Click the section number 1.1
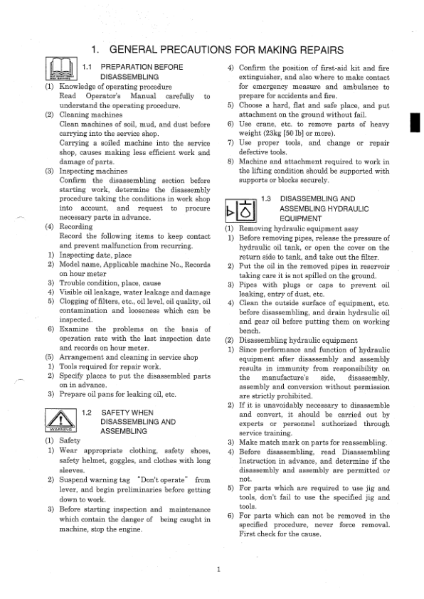click(x=89, y=67)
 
